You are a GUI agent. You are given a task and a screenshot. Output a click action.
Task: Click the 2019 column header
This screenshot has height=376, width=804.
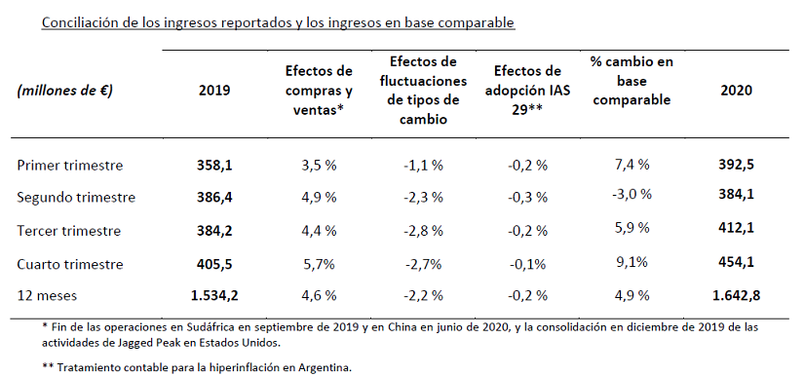[214, 91]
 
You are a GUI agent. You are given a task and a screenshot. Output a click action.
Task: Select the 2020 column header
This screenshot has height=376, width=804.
[736, 91]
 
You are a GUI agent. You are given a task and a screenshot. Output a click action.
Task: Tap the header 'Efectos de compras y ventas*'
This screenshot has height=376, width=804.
[319, 91]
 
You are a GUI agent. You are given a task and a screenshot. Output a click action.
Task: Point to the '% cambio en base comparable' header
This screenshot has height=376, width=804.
[632, 81]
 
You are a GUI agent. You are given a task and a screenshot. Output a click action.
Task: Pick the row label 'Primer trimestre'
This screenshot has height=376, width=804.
[70, 166]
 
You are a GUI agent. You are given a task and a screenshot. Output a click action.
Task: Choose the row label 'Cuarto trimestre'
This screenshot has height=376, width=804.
[70, 264]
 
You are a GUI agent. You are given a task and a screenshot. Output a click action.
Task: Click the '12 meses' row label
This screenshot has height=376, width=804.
[47, 295]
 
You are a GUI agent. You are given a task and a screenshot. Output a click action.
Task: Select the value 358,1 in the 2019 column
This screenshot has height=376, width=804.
[214, 166]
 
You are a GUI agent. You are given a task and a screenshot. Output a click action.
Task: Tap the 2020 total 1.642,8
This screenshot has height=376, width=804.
[736, 295]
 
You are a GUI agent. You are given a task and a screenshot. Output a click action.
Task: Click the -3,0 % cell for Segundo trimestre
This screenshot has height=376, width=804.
[631, 194]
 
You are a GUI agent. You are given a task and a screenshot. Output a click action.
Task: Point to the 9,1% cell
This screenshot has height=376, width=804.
[631, 262]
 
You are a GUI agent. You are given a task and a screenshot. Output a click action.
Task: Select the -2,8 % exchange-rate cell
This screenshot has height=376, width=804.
[423, 231]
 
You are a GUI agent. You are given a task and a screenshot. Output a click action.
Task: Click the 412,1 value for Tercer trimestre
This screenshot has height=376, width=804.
[736, 228]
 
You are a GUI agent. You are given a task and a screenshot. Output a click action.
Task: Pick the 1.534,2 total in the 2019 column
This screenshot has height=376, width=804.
[214, 295]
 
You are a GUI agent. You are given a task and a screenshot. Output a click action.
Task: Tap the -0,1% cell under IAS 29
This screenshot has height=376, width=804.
[527, 264]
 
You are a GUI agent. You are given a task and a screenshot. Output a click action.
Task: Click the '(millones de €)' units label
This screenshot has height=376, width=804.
[64, 91]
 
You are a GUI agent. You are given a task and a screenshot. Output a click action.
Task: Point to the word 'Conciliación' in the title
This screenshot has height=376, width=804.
[78, 22]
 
